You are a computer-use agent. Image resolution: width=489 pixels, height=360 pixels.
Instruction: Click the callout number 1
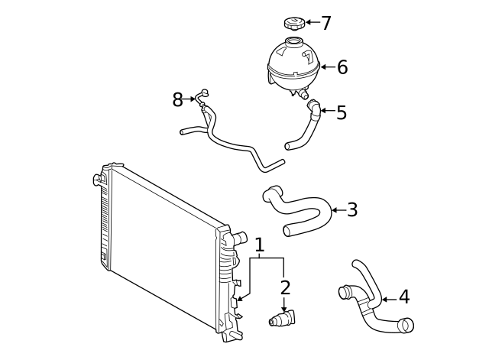[x=260, y=245]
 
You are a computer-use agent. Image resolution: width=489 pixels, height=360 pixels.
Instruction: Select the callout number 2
[x=285, y=288]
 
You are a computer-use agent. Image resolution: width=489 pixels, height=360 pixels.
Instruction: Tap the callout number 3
[x=352, y=210]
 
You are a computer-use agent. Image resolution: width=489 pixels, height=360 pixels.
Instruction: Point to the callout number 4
[x=404, y=297]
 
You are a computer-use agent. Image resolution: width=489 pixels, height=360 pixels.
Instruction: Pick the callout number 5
[x=342, y=113]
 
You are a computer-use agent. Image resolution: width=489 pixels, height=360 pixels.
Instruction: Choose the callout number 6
[x=342, y=67]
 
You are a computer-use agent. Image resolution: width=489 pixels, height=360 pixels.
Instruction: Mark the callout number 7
[x=326, y=23]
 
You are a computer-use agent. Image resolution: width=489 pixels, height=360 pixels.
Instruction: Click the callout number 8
[x=178, y=99]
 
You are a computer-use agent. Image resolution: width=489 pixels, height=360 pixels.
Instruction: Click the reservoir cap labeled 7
[x=293, y=21]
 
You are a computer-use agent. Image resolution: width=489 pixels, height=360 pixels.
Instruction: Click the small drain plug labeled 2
[x=285, y=319]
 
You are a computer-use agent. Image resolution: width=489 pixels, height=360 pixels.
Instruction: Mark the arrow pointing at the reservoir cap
[x=312, y=22]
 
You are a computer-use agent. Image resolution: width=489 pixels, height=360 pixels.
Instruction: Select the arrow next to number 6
[x=327, y=67]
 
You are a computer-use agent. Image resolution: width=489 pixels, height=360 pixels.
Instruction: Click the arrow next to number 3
[x=338, y=210]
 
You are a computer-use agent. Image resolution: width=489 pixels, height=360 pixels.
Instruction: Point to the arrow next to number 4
[x=387, y=299]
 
